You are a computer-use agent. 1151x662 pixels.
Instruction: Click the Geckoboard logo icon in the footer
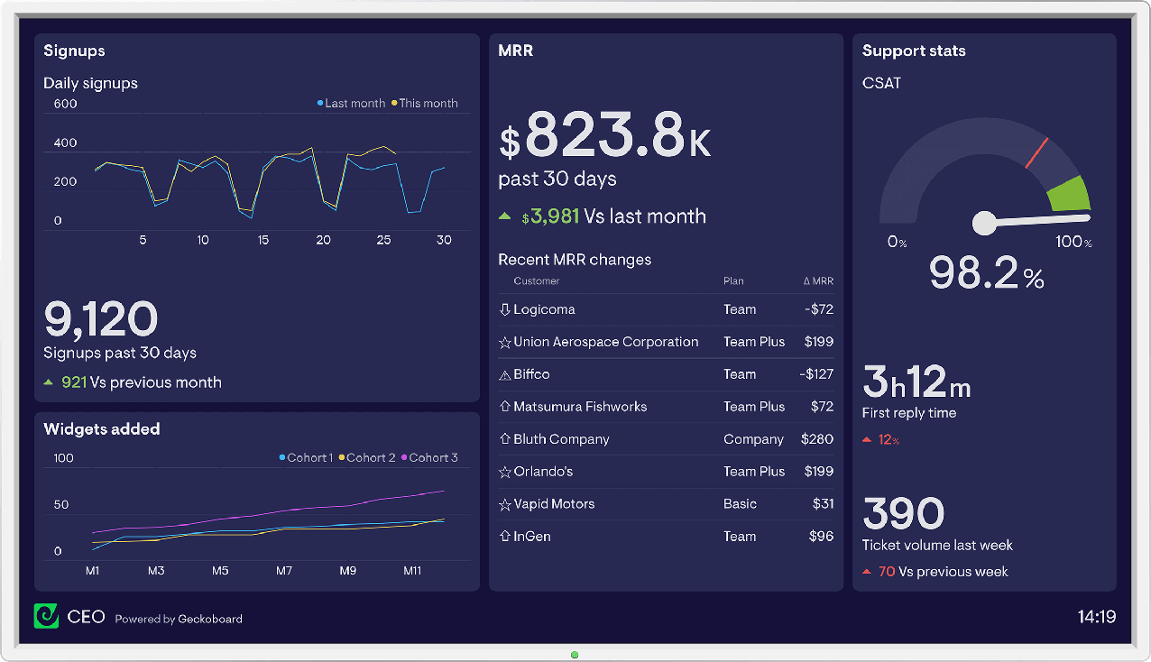click(46, 616)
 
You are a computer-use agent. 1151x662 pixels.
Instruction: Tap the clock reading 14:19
click(1096, 617)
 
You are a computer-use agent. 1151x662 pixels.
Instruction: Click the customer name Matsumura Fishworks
click(580, 407)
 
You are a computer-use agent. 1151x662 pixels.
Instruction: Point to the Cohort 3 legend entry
click(429, 458)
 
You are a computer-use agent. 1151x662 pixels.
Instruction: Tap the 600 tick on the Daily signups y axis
click(66, 104)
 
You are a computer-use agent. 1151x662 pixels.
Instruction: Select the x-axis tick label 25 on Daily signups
click(383, 240)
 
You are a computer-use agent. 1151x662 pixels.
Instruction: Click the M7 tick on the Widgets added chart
click(284, 571)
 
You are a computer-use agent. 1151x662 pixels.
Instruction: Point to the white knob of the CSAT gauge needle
click(984, 222)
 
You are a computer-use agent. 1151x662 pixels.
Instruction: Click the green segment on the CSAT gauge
click(1071, 194)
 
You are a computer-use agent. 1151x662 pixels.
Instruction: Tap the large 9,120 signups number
click(101, 318)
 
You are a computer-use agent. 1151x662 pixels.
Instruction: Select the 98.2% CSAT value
click(986, 272)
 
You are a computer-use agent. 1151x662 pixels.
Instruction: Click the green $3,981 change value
click(552, 216)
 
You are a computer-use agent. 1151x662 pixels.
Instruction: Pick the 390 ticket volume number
click(903, 513)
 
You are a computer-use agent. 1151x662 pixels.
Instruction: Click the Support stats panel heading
click(914, 51)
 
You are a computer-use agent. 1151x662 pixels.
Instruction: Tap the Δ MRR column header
click(817, 281)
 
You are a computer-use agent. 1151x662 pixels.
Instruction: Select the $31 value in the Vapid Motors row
click(822, 504)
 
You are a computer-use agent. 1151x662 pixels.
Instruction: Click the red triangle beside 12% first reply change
click(867, 440)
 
